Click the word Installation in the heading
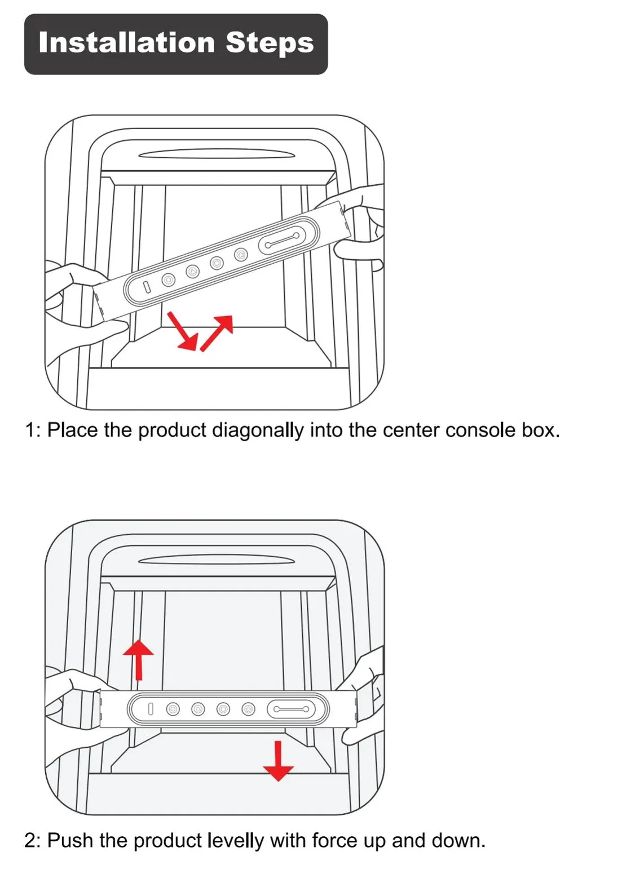point(127,43)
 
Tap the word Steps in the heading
point(270,43)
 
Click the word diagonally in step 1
point(258,431)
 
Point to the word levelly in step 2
point(236,841)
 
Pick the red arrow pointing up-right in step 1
point(217,332)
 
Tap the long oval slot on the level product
point(290,709)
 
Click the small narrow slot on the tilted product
point(147,287)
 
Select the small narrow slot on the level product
point(150,709)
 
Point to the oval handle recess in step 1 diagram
point(217,154)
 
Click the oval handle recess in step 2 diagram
point(217,560)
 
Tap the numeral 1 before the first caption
point(30,431)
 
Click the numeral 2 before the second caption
point(30,841)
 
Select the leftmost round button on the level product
point(173,709)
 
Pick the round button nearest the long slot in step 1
point(241,255)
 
